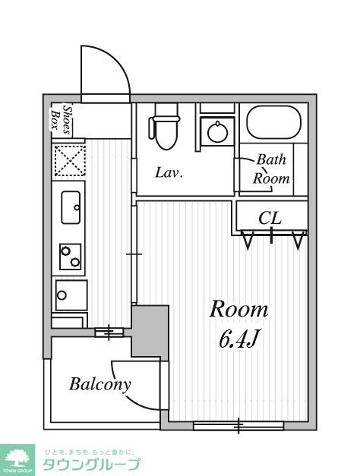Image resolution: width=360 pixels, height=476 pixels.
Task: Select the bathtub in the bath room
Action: coord(274,122)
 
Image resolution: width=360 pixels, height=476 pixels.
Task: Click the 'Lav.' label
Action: coord(169,172)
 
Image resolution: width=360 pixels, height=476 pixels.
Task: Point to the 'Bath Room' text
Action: coord(272,169)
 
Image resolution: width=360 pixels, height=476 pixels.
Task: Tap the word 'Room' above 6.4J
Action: coord(238,309)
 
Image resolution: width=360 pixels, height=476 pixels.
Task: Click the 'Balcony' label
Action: coord(99,384)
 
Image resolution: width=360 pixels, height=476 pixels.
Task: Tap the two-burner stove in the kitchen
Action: coord(70,257)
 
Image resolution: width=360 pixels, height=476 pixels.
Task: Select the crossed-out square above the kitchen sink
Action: coord(69,161)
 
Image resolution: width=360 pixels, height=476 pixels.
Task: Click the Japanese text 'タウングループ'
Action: coord(91,465)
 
